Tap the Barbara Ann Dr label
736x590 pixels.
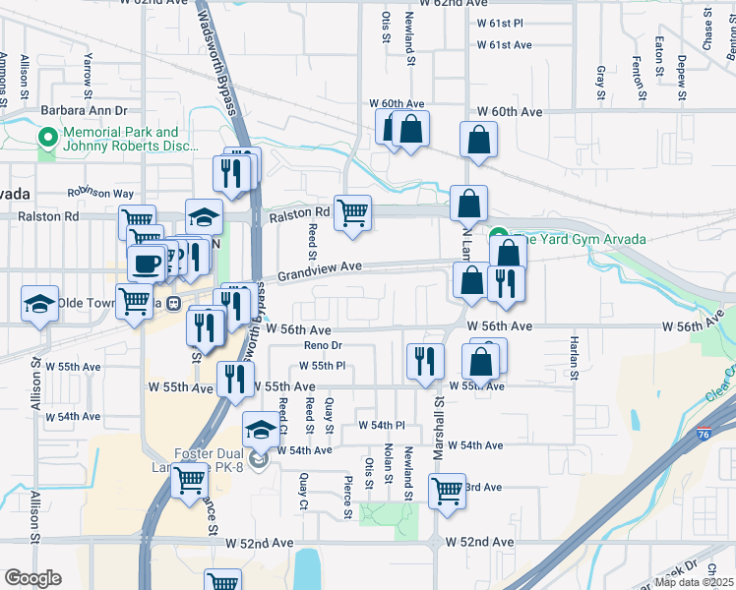click(x=85, y=111)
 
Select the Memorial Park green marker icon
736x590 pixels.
click(x=46, y=139)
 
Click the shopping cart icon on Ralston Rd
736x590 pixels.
click(x=352, y=213)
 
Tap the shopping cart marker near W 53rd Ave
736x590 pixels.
click(x=447, y=490)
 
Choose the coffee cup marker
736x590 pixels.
click(x=146, y=264)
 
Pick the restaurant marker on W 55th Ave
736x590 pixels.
click(x=235, y=379)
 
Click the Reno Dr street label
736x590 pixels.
click(x=322, y=346)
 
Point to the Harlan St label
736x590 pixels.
click(x=574, y=358)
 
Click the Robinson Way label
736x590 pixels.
click(x=99, y=194)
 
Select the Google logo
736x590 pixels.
click(x=32, y=578)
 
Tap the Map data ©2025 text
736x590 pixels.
click(x=695, y=582)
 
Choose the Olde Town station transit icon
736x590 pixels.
click(x=173, y=304)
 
